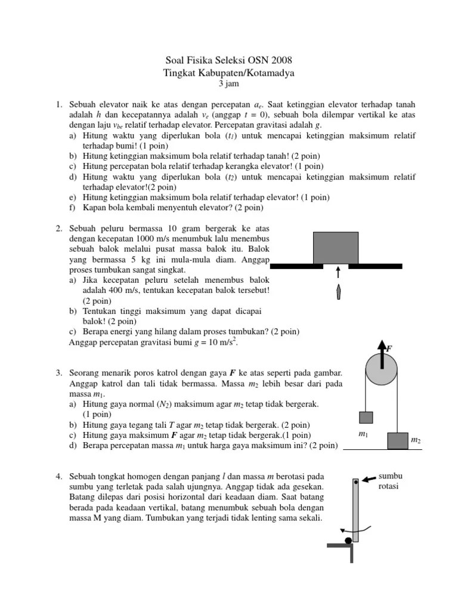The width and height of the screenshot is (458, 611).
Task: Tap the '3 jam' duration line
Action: tap(228, 84)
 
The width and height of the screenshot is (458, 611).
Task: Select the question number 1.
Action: tap(59, 105)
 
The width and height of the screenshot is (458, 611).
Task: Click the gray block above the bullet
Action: tap(336, 248)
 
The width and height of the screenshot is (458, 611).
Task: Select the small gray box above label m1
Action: tap(365, 417)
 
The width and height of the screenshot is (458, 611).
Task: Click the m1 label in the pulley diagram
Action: tap(363, 434)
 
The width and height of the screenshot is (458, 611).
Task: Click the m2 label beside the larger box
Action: tap(416, 440)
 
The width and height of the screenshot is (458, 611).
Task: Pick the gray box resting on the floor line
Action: tap(397, 440)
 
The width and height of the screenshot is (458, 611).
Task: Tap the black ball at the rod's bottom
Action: tap(348, 541)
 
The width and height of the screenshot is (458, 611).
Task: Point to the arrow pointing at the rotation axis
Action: tap(369, 479)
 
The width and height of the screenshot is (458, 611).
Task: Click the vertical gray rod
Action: tap(356, 510)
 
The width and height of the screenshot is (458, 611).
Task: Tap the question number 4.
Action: tap(59, 476)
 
